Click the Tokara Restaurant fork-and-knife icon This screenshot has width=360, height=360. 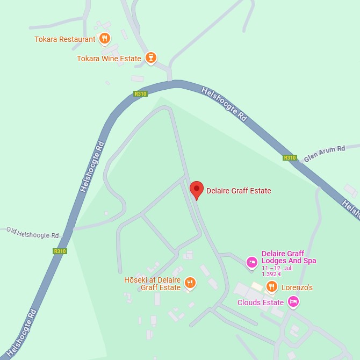[105, 39]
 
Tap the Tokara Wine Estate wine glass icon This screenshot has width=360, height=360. [151, 58]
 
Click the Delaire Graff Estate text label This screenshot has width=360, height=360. [239, 191]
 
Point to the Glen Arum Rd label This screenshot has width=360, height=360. [324, 153]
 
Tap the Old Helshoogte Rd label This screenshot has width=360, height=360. [32, 233]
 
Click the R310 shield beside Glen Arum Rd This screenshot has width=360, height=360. [290, 157]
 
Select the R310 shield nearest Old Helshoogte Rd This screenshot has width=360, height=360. [60, 251]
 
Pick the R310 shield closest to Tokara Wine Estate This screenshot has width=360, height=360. [140, 93]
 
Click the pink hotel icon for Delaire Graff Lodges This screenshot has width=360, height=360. [251, 262]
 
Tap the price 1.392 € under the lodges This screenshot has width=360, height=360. [271, 273]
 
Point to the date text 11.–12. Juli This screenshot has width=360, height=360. [278, 268]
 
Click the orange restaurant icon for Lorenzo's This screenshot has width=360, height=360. [272, 287]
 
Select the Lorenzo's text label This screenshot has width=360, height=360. [297, 287]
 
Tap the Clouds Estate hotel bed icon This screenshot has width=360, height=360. [293, 302]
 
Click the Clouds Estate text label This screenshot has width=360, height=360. [260, 303]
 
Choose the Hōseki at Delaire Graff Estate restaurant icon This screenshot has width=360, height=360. [190, 283]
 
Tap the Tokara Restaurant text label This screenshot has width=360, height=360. [64, 39]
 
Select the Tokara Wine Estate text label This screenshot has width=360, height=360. [109, 59]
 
